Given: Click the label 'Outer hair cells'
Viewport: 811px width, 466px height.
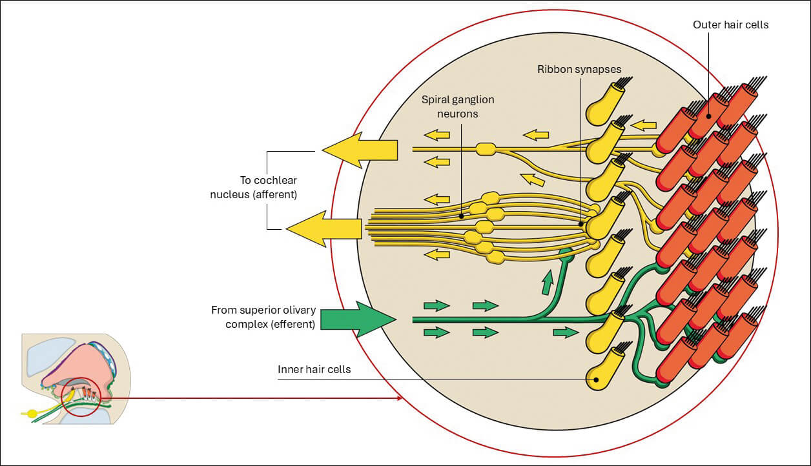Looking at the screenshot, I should click(731, 25).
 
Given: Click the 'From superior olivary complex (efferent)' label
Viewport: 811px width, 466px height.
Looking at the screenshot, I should click(263, 317).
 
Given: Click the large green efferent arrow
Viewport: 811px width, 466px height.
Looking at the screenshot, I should click(357, 318).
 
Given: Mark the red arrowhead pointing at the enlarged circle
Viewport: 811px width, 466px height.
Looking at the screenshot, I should click(399, 398).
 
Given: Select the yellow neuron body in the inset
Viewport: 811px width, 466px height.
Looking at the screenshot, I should click(32, 413).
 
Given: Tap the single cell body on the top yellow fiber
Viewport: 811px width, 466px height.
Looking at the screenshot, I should click(485, 150).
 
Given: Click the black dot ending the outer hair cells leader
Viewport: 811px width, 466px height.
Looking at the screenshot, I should click(709, 117).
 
